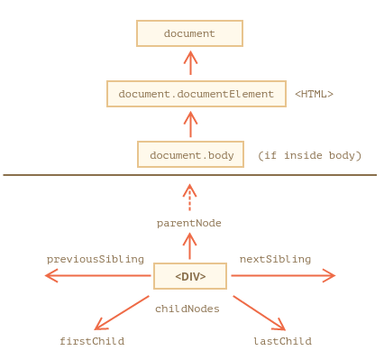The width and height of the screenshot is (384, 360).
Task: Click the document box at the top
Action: pyautogui.click(x=189, y=33)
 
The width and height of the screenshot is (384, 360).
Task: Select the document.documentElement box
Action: pyautogui.click(x=197, y=94)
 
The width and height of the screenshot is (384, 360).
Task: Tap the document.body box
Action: pyautogui.click(x=190, y=154)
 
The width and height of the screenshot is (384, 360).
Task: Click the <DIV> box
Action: pyautogui.click(x=190, y=276)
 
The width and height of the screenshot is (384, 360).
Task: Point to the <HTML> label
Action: pyautogui.click(x=314, y=94)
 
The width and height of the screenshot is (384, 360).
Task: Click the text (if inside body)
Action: pyautogui.click(x=309, y=155)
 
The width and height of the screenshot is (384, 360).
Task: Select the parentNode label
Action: pyautogui.click(x=189, y=223)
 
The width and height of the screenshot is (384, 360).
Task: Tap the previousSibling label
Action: pyautogui.click(x=96, y=259)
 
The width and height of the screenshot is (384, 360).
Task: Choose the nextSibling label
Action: pyautogui.click(x=275, y=259)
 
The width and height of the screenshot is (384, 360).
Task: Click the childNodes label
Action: pyautogui.click(x=187, y=309)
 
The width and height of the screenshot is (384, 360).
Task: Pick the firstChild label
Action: pyautogui.click(x=92, y=341)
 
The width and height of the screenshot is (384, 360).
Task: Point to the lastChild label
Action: pyautogui.click(x=282, y=341)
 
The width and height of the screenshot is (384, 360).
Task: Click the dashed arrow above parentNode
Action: pyautogui.click(x=189, y=198)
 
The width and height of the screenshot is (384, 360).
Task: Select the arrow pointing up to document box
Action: pyautogui.click(x=190, y=63)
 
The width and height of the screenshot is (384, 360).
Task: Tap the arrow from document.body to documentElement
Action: pyautogui.click(x=190, y=125)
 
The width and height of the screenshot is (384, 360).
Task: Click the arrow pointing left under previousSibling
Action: pyautogui.click(x=97, y=275)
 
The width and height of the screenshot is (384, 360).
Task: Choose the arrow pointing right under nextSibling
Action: pyautogui.click(x=283, y=275)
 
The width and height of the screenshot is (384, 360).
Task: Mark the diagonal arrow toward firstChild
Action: pyautogui.click(x=122, y=313)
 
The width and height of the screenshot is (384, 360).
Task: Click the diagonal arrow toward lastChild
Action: pyautogui.click(x=259, y=313)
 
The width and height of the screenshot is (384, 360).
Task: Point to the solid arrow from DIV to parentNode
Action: pyautogui.click(x=189, y=246)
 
